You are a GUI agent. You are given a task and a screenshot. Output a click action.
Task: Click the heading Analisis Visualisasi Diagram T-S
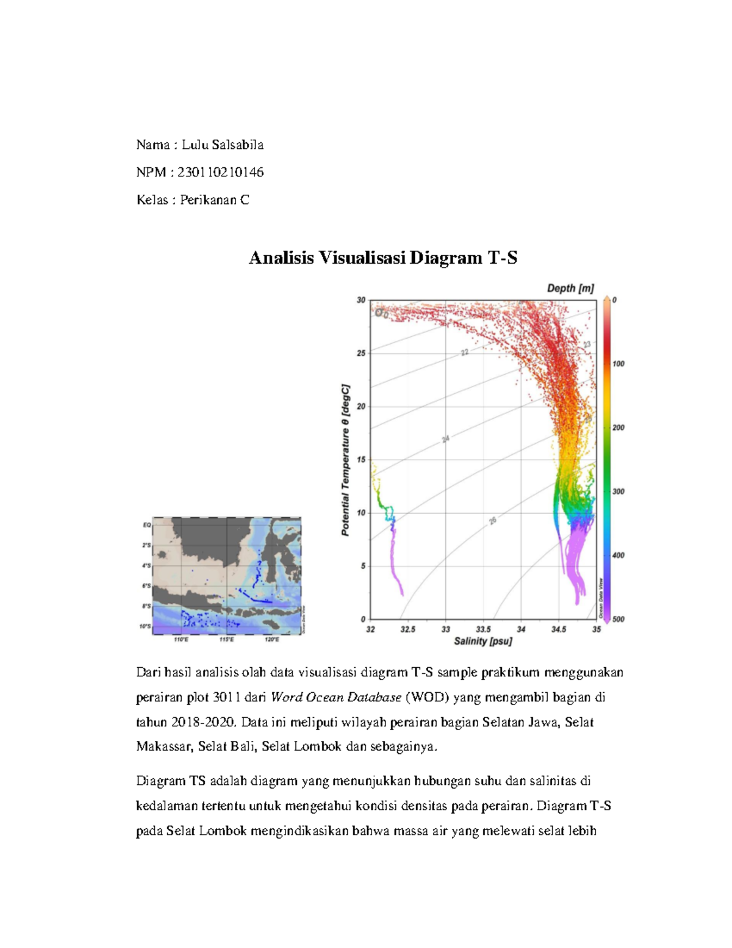pyautogui.click(x=382, y=258)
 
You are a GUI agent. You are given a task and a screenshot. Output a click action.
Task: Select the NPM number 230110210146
pyautogui.click(x=220, y=172)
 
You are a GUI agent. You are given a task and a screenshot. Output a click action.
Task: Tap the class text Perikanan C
pyautogui.click(x=214, y=200)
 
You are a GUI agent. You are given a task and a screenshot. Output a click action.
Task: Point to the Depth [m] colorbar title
pyautogui.click(x=570, y=288)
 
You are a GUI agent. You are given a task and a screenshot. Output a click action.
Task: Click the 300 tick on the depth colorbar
pyautogui.click(x=618, y=491)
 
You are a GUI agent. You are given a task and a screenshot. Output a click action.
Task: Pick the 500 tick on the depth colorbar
pyautogui.click(x=618, y=619)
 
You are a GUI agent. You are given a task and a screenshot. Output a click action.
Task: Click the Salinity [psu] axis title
pyautogui.click(x=483, y=641)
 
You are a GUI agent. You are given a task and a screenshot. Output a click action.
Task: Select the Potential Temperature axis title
pyautogui.click(x=345, y=460)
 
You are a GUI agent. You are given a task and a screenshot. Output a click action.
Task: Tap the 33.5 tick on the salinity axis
pyautogui.click(x=483, y=629)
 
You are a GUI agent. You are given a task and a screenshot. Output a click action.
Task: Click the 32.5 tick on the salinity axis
pyautogui.click(x=407, y=629)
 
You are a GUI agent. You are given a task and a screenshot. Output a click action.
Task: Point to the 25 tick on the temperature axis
pyautogui.click(x=361, y=353)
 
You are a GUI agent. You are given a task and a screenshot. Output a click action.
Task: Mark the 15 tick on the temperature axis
pyautogui.click(x=361, y=460)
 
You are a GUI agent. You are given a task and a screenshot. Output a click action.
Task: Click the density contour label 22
pyautogui.click(x=464, y=352)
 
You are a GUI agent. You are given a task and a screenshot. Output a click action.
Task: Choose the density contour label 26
pyautogui.click(x=493, y=521)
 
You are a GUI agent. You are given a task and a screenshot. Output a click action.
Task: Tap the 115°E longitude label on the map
pyautogui.click(x=226, y=639)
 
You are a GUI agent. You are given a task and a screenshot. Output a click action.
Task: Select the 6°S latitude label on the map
pyautogui.click(x=146, y=586)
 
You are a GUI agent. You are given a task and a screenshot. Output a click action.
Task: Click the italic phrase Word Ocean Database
pyautogui.click(x=336, y=697)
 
